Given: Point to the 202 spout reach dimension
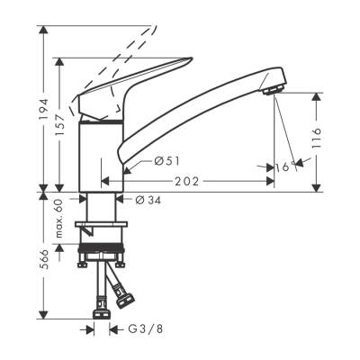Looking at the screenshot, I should pyautogui.click(x=189, y=181).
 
